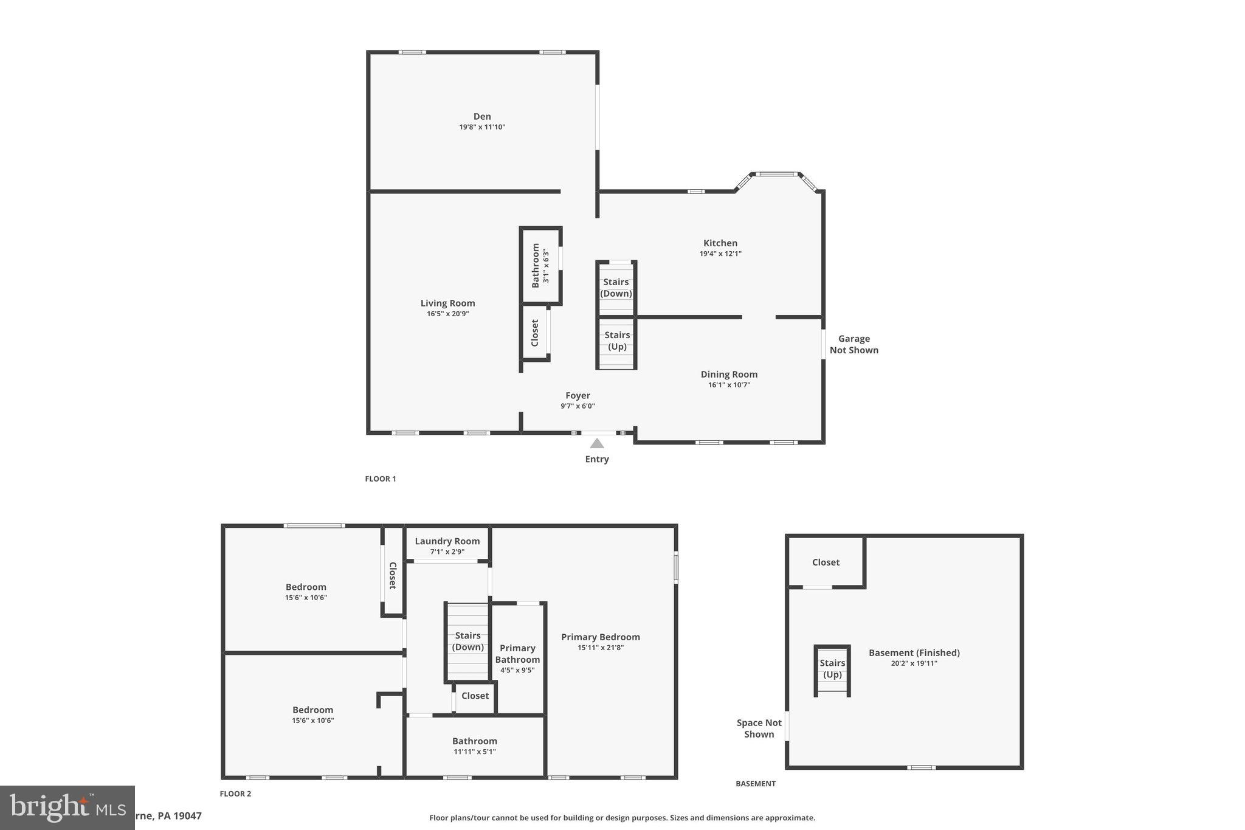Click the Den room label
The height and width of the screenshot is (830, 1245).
(482, 116)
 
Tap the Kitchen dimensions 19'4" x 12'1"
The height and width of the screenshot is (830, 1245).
(720, 254)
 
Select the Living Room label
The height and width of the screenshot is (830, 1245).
(447, 303)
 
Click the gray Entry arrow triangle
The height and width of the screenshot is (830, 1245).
(597, 443)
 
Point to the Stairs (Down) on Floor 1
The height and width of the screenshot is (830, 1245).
(616, 288)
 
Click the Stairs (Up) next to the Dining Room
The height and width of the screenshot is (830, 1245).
(617, 341)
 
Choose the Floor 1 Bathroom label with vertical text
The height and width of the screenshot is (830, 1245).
(536, 266)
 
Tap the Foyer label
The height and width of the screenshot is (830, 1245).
(578, 395)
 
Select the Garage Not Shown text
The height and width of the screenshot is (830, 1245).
(854, 344)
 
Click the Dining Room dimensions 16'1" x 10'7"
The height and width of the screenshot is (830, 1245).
(729, 385)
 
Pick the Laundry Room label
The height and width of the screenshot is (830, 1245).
(447, 541)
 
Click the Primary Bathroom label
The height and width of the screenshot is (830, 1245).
(517, 654)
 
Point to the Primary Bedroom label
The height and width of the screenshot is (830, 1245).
(600, 637)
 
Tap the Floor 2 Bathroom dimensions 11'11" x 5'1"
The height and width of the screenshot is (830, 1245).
(474, 752)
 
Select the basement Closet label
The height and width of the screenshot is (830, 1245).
(826, 562)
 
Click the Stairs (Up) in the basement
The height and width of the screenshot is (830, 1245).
(832, 668)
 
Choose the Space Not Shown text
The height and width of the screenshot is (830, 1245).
(759, 728)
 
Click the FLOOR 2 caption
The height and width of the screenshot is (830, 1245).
(235, 794)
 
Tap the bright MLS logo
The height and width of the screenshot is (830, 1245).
(67, 808)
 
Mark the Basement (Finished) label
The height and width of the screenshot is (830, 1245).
(914, 652)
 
